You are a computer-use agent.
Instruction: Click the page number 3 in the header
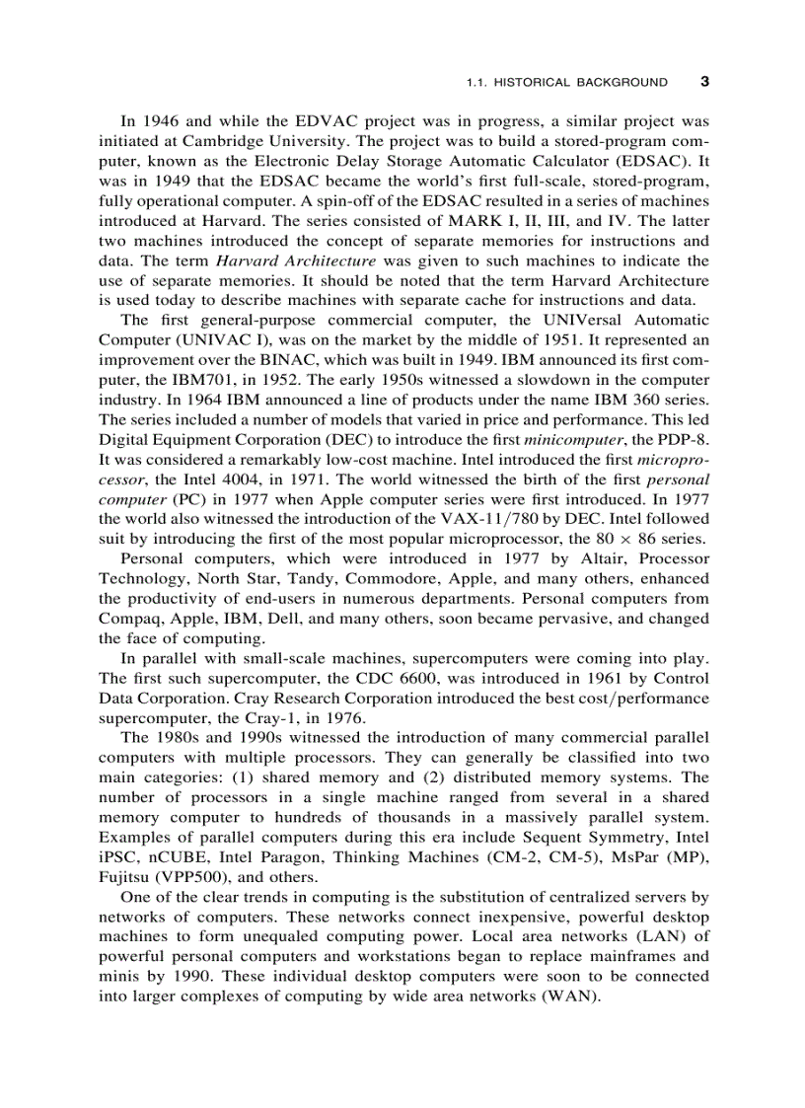(x=703, y=82)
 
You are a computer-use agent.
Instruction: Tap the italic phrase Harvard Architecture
(x=296, y=260)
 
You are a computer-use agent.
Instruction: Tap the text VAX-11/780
(x=503, y=519)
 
